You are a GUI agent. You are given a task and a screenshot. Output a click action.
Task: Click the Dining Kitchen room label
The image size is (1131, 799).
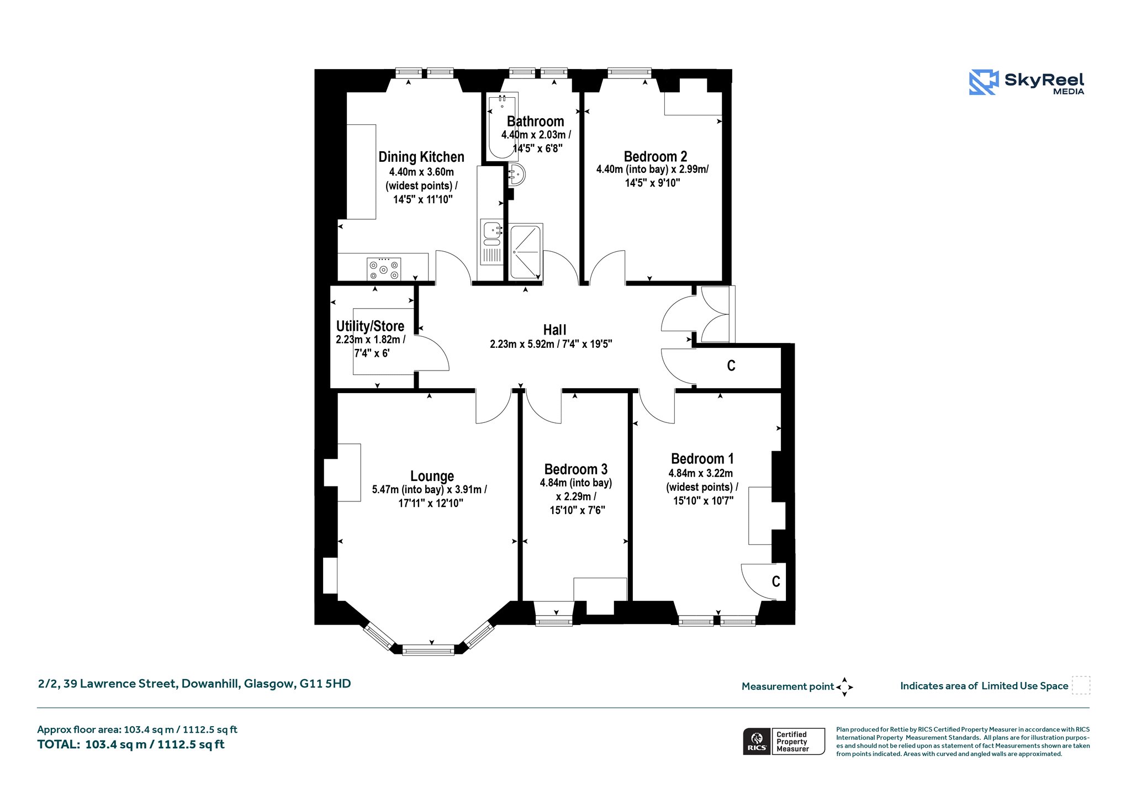pos(421,157)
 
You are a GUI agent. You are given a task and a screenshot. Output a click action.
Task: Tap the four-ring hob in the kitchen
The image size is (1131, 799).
pos(384,269)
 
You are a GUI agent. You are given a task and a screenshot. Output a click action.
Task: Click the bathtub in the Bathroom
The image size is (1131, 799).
pos(503,126)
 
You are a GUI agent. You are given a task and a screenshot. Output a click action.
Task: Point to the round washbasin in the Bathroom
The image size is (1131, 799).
pos(517,175)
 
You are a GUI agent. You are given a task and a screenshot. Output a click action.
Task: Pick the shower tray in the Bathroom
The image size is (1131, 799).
pos(526,251)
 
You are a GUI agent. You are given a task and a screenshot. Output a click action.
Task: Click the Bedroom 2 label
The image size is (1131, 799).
pos(656,157)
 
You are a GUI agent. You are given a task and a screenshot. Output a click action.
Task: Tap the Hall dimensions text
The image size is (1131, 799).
pos(551,344)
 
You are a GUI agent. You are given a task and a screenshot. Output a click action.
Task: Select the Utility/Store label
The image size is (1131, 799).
pos(370,326)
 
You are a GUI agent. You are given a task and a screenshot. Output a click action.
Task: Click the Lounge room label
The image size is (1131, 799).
pos(432,476)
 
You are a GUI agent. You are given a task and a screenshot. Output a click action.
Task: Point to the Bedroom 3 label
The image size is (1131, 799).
pos(575,469)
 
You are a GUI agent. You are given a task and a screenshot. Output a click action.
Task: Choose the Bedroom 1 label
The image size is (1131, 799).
pos(702,459)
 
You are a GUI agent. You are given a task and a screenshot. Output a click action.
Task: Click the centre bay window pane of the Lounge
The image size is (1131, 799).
pos(428,650)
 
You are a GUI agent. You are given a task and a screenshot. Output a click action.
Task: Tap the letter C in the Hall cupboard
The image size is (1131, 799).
pos(731,366)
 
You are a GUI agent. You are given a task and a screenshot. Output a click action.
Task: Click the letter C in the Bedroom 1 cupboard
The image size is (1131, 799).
pos(776,581)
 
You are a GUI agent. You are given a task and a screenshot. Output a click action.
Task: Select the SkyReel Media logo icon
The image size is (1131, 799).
pos(984,82)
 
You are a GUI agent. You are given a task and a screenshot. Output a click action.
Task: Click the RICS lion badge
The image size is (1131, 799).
pos(757,741)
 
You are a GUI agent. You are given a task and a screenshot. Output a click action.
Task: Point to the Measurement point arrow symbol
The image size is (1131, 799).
pos(844,687)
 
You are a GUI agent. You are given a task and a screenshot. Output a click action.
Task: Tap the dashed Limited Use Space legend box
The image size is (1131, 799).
pos(1081,685)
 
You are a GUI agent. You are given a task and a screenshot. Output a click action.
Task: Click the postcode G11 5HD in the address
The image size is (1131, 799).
pos(325,684)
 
